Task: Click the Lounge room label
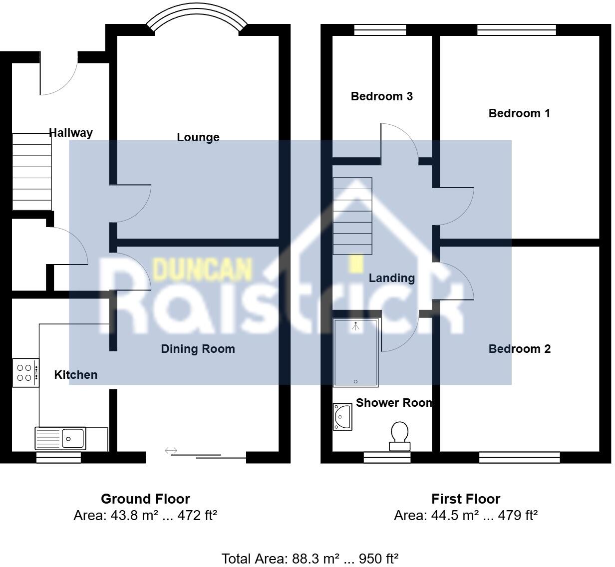point(198,137)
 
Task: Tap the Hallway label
point(71,133)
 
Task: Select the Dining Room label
point(198,349)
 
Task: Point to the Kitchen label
point(76,375)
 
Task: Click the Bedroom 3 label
point(382,96)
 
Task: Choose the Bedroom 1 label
point(519,113)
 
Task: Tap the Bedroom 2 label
point(519,349)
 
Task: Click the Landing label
point(392,278)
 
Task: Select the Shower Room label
point(394,403)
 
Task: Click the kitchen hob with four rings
point(25,373)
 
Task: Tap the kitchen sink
point(60,438)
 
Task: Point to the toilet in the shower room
point(399,435)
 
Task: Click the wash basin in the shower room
point(343,417)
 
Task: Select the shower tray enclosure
point(355,352)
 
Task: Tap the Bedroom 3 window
point(380,30)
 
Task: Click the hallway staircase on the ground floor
point(32,171)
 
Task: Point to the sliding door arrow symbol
point(171,451)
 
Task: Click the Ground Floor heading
point(145,499)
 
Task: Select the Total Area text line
point(309,559)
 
